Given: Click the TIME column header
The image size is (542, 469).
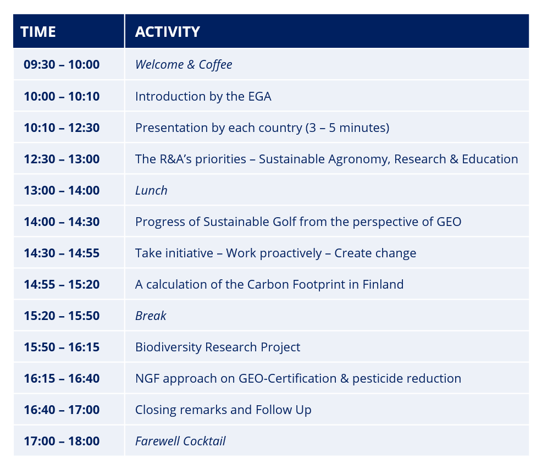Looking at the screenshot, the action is [x=38, y=32].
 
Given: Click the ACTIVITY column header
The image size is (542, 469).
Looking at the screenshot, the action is [x=168, y=32].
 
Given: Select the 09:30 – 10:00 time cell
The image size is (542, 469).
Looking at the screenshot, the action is [x=62, y=64].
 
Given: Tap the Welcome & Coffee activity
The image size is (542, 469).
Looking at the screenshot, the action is [x=184, y=65].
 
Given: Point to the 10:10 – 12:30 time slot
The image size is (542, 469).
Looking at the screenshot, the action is [x=62, y=128].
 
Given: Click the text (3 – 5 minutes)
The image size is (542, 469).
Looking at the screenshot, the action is [x=347, y=128].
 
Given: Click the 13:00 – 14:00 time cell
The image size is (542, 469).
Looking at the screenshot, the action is [x=62, y=190].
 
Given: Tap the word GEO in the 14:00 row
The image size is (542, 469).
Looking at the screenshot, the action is [x=449, y=222].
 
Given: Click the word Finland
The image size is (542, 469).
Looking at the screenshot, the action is [x=383, y=284].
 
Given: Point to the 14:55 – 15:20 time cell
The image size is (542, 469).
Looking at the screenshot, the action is [x=62, y=284].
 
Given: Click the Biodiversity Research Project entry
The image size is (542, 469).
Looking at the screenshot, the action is [x=218, y=347].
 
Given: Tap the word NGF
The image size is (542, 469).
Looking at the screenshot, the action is [x=148, y=378].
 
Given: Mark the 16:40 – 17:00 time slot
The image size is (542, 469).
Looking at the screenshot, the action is [x=62, y=410].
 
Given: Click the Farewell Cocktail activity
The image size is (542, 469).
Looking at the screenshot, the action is [x=180, y=441].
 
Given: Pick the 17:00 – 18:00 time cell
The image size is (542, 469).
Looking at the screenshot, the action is [x=62, y=441].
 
